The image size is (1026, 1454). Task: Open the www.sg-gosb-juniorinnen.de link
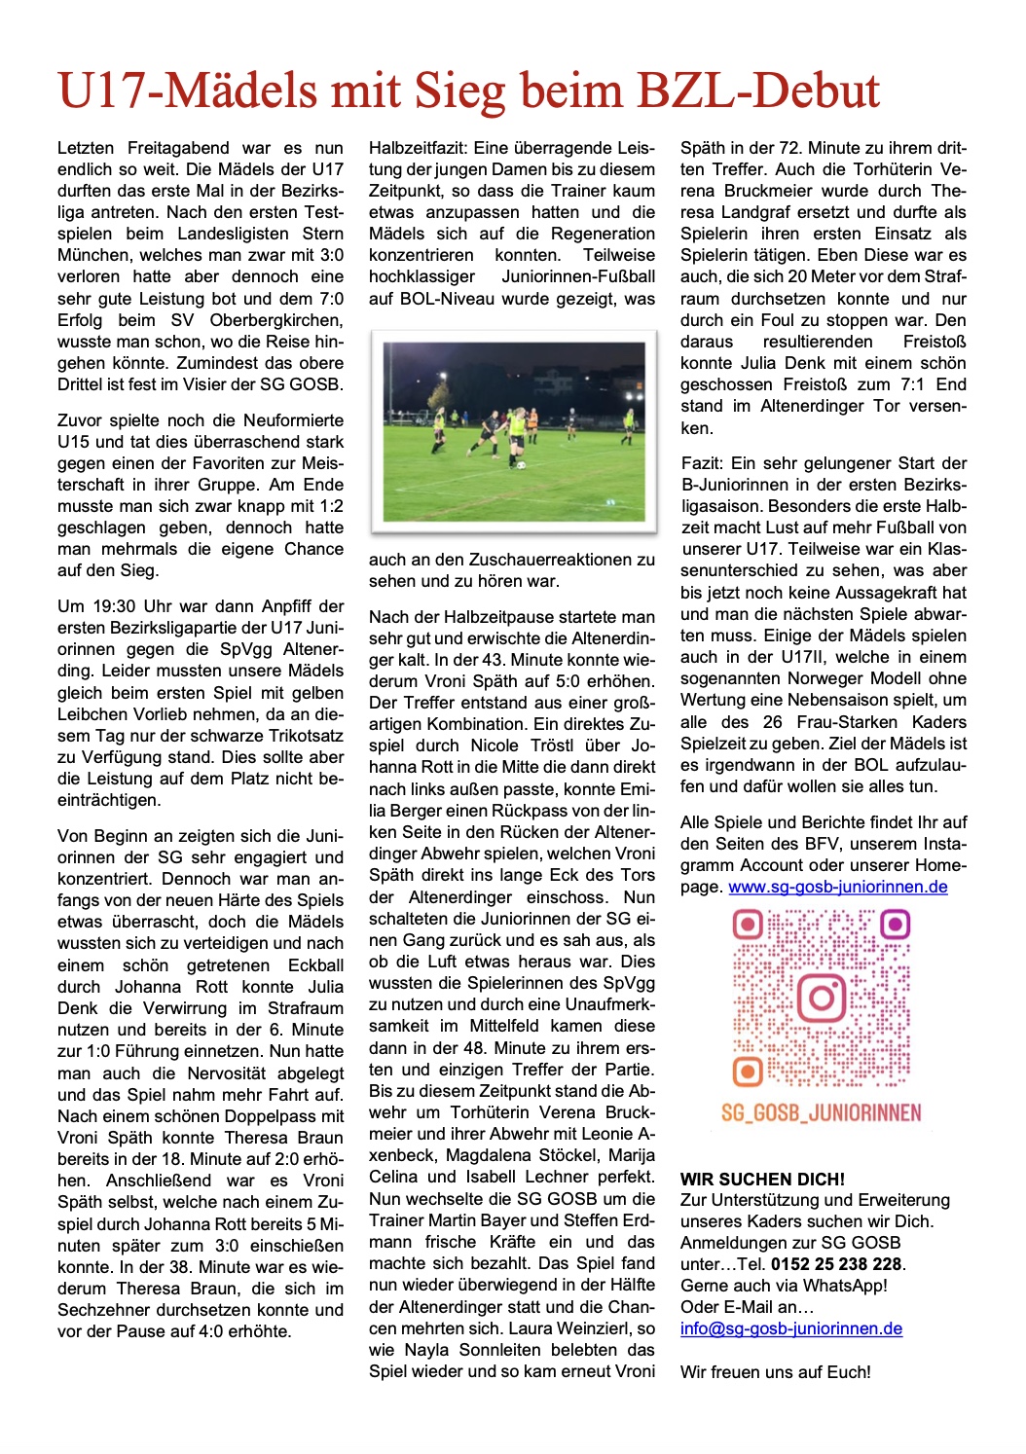click(837, 887)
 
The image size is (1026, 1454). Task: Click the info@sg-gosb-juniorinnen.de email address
click(790, 1328)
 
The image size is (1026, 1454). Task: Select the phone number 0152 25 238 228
click(836, 1264)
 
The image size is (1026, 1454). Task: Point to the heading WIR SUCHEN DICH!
click(762, 1179)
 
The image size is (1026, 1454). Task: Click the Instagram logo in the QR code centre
click(822, 997)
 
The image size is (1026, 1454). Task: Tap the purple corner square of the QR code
click(895, 923)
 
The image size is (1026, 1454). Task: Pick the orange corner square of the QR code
click(748, 1072)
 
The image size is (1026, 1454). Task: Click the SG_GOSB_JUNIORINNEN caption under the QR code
click(821, 1112)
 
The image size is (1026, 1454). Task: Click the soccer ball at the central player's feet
click(520, 465)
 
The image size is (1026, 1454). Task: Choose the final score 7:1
click(917, 384)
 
